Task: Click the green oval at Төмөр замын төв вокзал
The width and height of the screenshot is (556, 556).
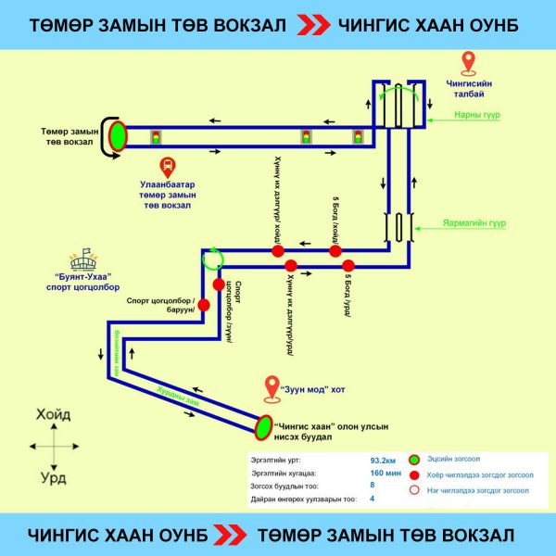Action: (x=118, y=136)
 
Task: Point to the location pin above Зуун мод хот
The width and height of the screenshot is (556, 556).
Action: (x=272, y=387)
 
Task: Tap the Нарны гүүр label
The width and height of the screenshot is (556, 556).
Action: (x=473, y=116)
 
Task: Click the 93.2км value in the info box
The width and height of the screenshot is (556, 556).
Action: (x=384, y=460)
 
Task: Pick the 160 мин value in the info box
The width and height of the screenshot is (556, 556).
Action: (x=384, y=473)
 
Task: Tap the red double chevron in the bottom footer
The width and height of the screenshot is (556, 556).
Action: (x=227, y=535)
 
